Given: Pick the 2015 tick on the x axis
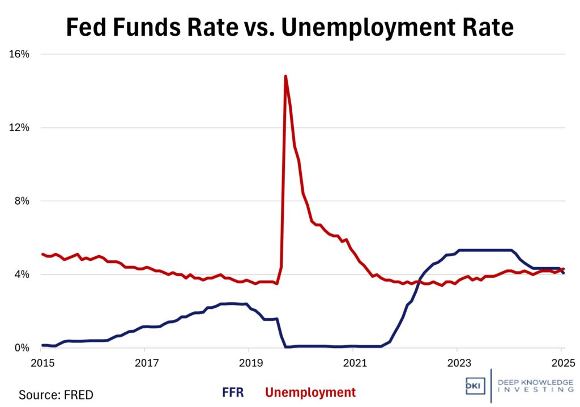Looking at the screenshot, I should point(41,362).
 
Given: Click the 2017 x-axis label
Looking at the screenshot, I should point(145,362).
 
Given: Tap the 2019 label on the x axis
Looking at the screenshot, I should point(249,362).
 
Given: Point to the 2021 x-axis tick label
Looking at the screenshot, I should point(353,362).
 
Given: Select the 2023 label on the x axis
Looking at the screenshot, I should point(458,362).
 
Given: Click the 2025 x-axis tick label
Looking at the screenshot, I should point(561,362).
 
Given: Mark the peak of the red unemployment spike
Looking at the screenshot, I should point(285,76).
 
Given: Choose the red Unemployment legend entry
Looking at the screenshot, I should point(310,392).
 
